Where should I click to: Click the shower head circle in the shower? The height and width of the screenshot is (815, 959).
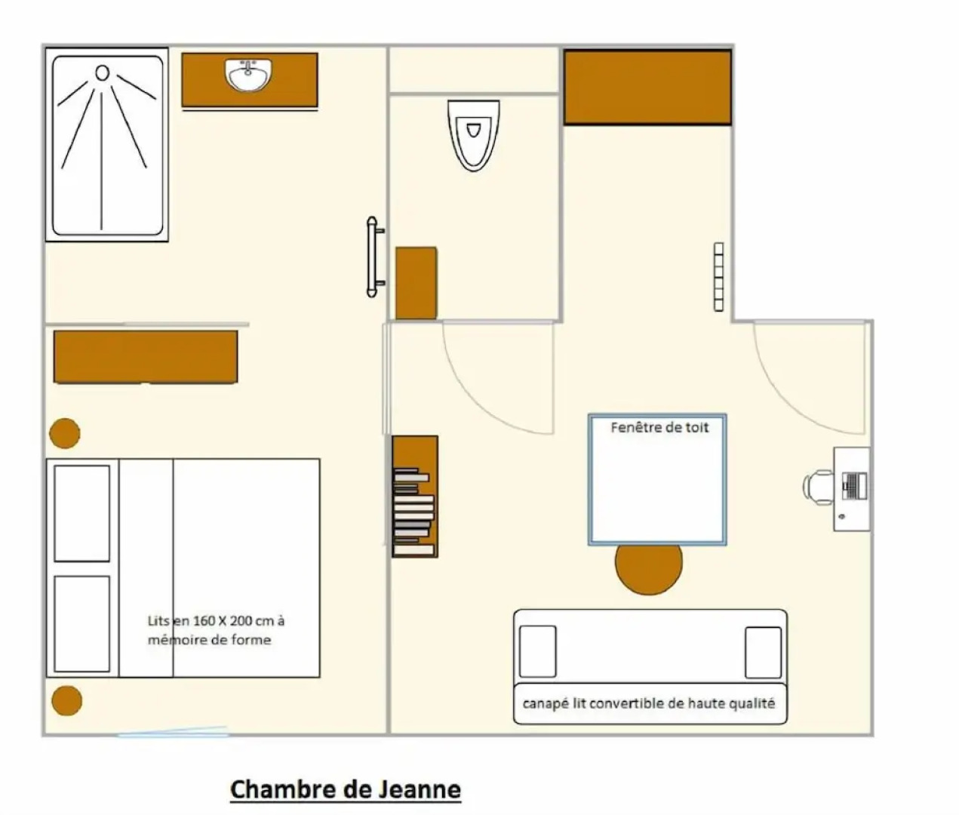click(x=102, y=73)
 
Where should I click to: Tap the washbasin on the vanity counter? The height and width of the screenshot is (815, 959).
click(x=249, y=74)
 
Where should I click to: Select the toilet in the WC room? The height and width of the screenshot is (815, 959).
click(x=473, y=135)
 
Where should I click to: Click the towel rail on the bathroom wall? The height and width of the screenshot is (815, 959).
click(x=374, y=257)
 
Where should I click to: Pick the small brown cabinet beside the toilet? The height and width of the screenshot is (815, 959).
click(x=416, y=283)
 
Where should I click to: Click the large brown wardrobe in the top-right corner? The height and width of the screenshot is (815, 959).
click(x=647, y=88)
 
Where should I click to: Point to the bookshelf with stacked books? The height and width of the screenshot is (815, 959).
click(x=415, y=496)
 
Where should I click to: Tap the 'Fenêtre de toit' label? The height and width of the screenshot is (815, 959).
click(x=659, y=427)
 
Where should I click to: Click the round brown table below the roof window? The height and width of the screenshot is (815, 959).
click(x=649, y=569)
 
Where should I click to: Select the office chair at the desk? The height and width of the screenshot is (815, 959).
click(x=817, y=487)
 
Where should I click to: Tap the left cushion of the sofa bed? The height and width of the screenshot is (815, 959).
click(x=537, y=651)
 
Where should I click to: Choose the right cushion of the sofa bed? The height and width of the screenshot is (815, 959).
click(x=764, y=652)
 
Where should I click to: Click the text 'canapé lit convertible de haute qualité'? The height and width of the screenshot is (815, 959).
click(x=649, y=703)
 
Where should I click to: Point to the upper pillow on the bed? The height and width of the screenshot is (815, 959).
click(x=82, y=513)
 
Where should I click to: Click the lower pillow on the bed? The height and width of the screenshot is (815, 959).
click(x=82, y=624)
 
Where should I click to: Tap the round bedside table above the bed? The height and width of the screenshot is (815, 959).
click(x=64, y=433)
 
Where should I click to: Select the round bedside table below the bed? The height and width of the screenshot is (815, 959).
click(x=66, y=701)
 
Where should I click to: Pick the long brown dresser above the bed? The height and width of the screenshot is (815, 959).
click(x=146, y=357)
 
